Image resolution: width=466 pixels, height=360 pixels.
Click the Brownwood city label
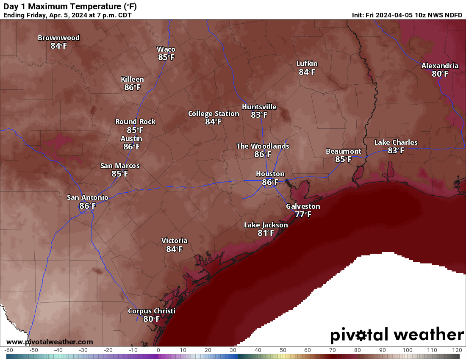58,38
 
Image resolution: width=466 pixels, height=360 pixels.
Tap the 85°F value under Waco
166,57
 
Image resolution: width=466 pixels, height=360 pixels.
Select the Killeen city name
132,79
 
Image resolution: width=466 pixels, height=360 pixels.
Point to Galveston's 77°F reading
303,214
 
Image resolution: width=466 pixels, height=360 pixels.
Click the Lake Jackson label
266,225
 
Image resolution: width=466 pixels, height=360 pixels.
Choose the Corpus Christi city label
151,311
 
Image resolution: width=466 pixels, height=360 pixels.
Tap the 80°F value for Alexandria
440,74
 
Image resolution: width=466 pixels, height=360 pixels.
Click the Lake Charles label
396,142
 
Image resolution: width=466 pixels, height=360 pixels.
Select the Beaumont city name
343,151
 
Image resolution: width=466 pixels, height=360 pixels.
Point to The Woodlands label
263,146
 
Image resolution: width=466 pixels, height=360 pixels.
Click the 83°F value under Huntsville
259,115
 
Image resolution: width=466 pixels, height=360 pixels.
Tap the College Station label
214,114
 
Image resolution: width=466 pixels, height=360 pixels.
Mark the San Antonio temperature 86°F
87,206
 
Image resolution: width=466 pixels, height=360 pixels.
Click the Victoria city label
174,241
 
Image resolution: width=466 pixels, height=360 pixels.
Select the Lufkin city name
307,64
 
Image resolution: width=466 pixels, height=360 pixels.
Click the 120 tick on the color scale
457,350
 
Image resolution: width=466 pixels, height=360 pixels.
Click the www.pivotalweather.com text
50,342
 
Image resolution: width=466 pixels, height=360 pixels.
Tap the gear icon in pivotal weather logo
361,335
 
